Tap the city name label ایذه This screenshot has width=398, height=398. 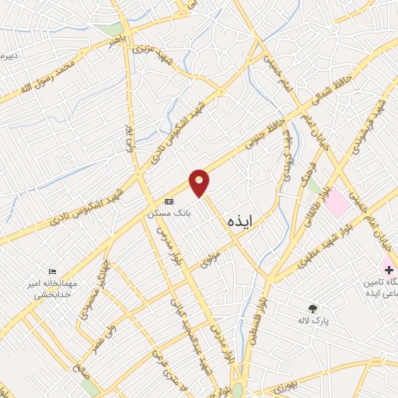pyautogui.click(x=242, y=222)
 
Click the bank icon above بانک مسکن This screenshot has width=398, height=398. pyautogui.click(x=169, y=201)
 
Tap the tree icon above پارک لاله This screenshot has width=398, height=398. pyautogui.click(x=313, y=308)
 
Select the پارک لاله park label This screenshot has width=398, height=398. pyautogui.click(x=314, y=320)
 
